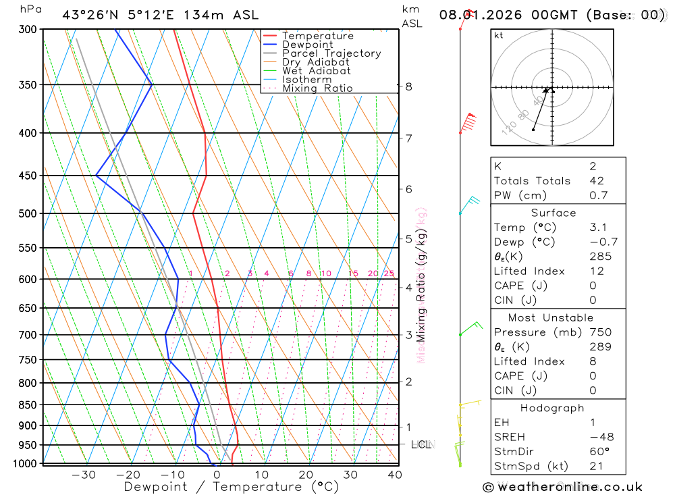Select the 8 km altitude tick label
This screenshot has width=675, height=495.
tap(408, 86)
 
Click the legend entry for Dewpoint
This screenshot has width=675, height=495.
tap(307, 45)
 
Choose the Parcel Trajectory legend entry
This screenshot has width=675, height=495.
tap(331, 53)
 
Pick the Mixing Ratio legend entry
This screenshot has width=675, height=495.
tap(317, 88)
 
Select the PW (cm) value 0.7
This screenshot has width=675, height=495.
tap(598, 196)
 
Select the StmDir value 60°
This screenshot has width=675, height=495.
tap(599, 452)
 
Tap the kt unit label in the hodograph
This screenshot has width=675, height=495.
tap(499, 35)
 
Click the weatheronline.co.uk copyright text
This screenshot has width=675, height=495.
tap(562, 487)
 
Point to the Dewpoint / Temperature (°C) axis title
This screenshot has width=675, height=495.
tap(232, 487)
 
